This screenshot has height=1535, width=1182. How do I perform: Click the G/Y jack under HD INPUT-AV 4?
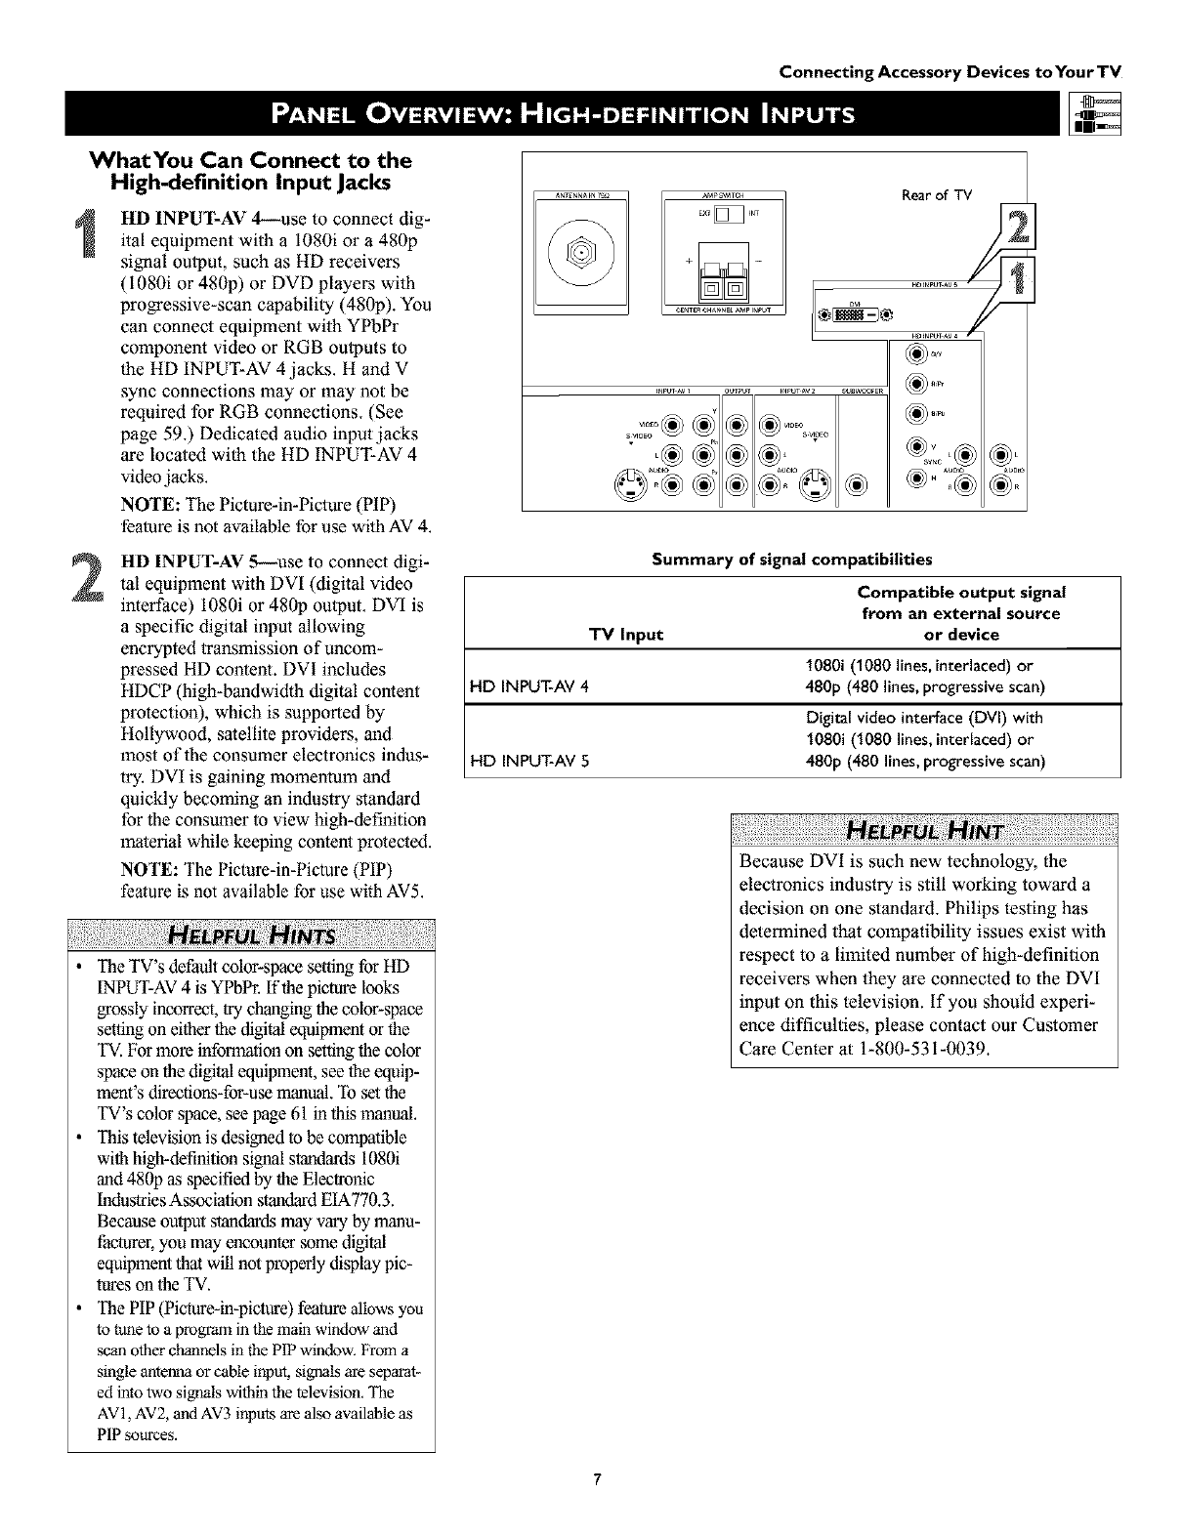coord(915,354)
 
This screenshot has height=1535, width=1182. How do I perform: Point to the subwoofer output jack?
coord(856,485)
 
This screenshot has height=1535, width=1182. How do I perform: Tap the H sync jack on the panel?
coord(915,477)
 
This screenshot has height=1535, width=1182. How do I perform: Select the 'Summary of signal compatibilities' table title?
coord(792,560)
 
